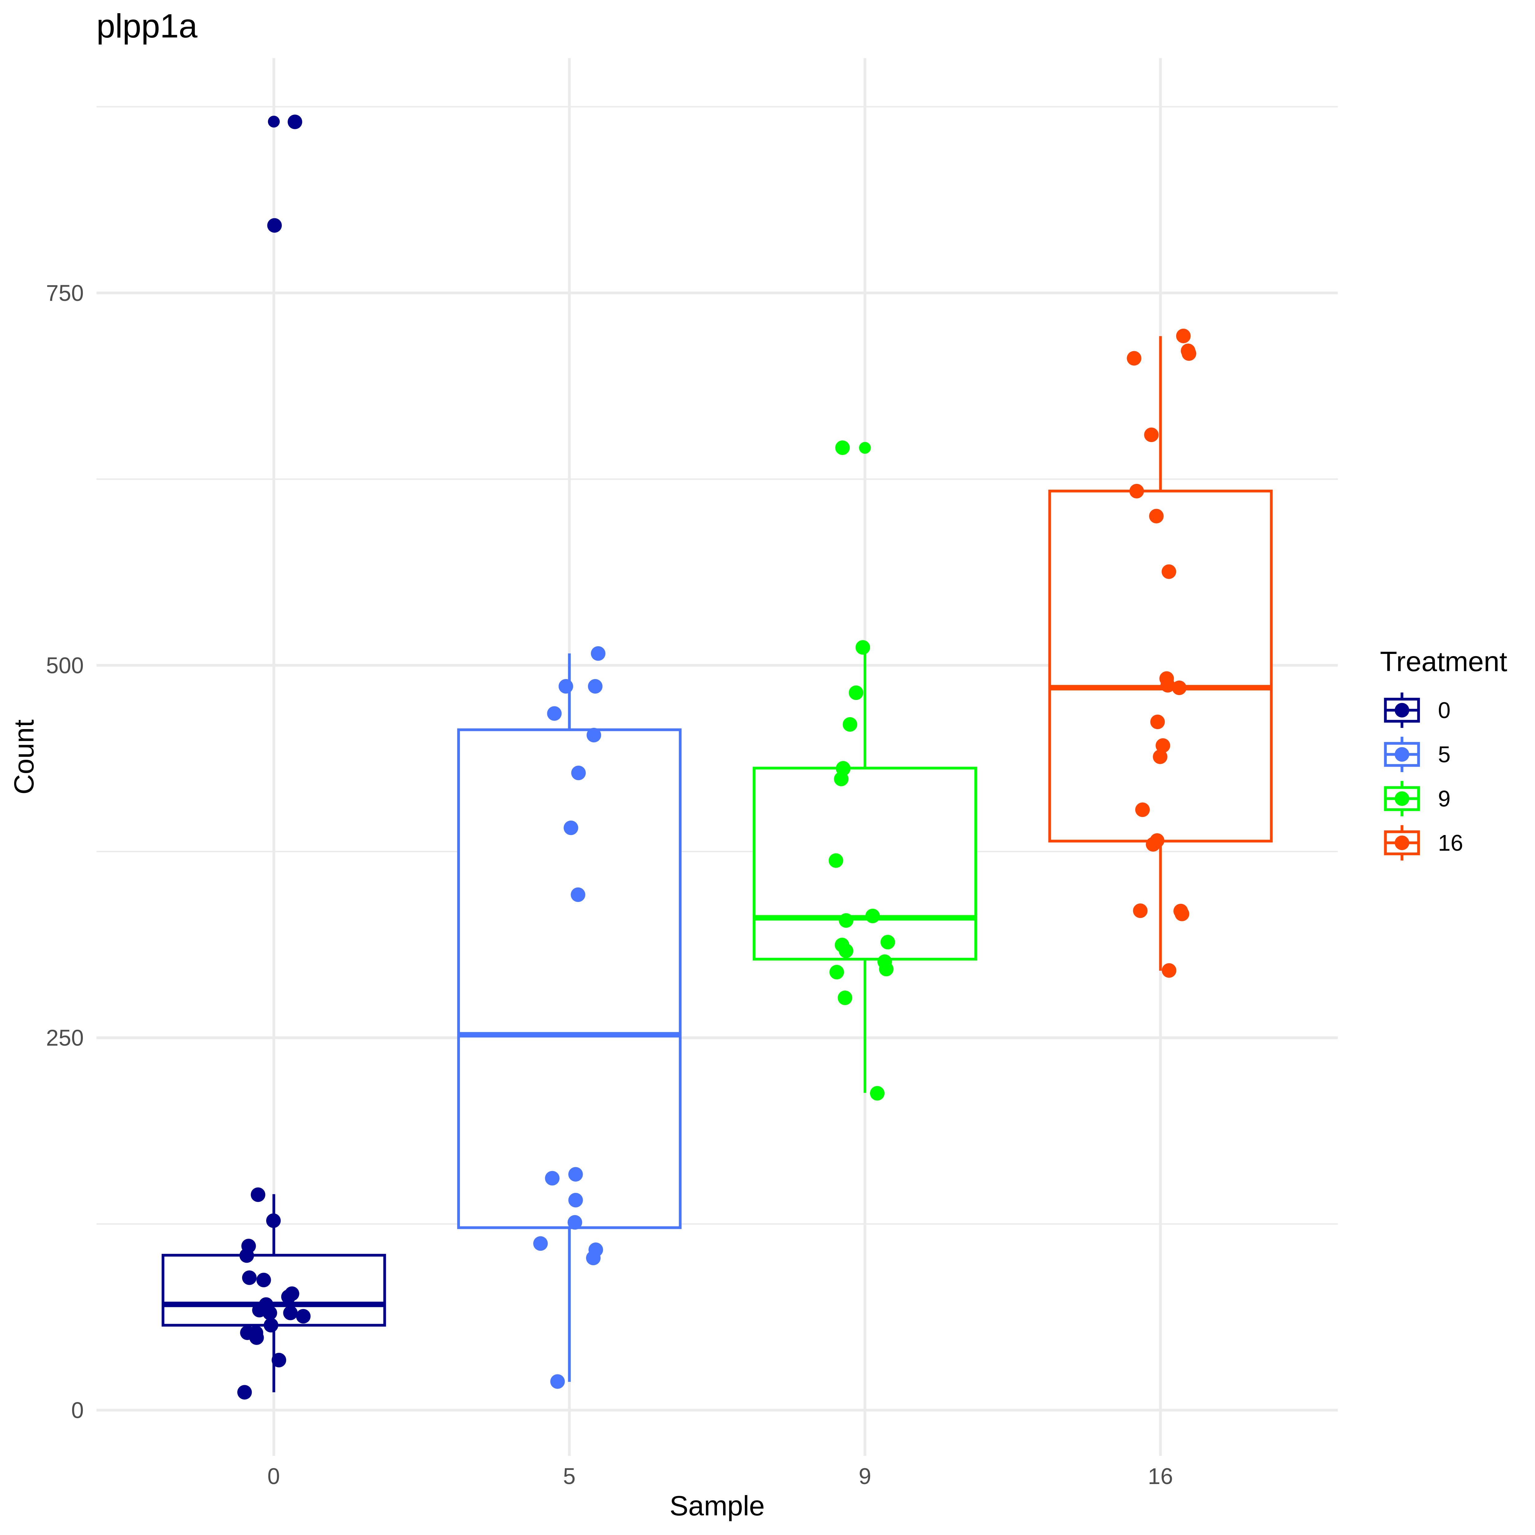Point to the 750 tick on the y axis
65,293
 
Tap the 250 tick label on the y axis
65,1038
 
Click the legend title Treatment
1443,662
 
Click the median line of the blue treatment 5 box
569,1035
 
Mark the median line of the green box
865,918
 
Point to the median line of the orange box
1160,687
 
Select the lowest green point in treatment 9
877,1093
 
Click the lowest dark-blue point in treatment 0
245,1392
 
